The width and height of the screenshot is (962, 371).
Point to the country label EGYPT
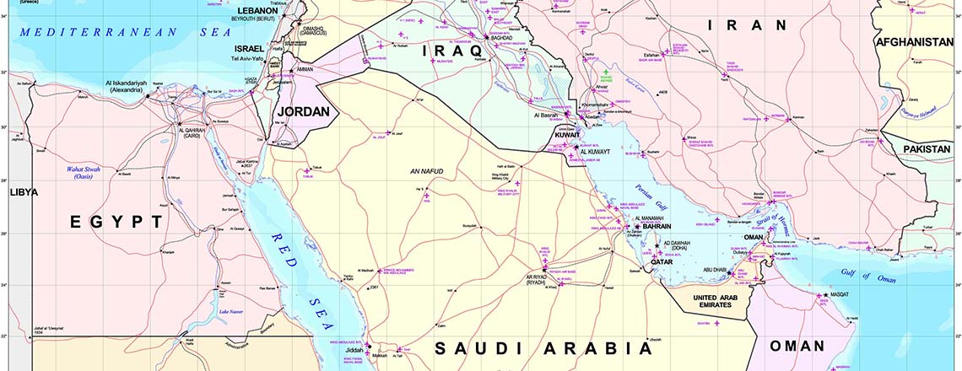pos(116,222)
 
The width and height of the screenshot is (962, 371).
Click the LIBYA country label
pos(24,192)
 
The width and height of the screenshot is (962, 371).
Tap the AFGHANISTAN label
pos(915,42)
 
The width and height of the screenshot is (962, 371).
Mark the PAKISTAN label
pos(927,148)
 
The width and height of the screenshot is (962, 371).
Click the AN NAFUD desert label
pos(426,172)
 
